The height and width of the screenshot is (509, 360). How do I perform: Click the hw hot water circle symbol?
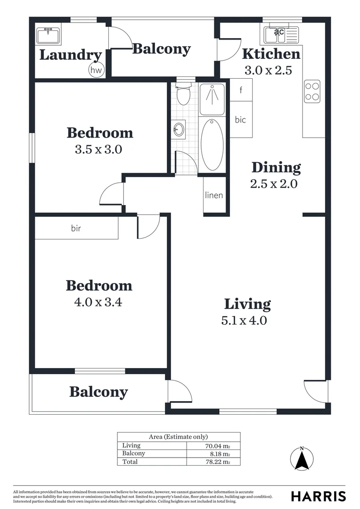tap(96, 71)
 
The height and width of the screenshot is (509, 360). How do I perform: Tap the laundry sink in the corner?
tap(48, 35)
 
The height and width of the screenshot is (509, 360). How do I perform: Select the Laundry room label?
tap(70, 55)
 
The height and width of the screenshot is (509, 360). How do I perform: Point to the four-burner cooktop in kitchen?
tap(313, 91)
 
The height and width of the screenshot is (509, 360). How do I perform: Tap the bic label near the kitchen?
tap(240, 120)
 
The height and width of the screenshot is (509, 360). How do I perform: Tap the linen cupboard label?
tap(214, 195)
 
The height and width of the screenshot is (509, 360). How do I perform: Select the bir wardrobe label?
tap(76, 228)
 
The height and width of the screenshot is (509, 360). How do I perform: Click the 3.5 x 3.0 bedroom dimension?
tap(98, 149)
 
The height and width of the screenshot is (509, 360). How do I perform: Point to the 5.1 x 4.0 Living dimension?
tap(244, 320)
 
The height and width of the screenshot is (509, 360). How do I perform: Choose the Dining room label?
tap(276, 167)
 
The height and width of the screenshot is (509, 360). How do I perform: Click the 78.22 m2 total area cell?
tap(220, 462)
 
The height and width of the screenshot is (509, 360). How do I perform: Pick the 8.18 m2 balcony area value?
tap(220, 454)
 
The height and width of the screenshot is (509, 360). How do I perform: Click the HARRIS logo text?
tap(318, 496)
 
